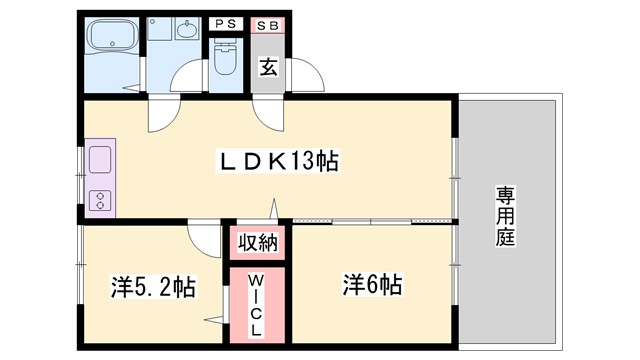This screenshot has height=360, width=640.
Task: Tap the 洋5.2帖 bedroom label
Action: click(x=152, y=288)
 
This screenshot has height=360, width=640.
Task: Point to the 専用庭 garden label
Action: click(x=506, y=216)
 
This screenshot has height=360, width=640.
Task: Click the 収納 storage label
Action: click(x=259, y=241)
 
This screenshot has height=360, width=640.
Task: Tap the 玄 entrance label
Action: click(x=267, y=68)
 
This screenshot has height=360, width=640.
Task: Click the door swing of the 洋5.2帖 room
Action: click(x=203, y=238)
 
